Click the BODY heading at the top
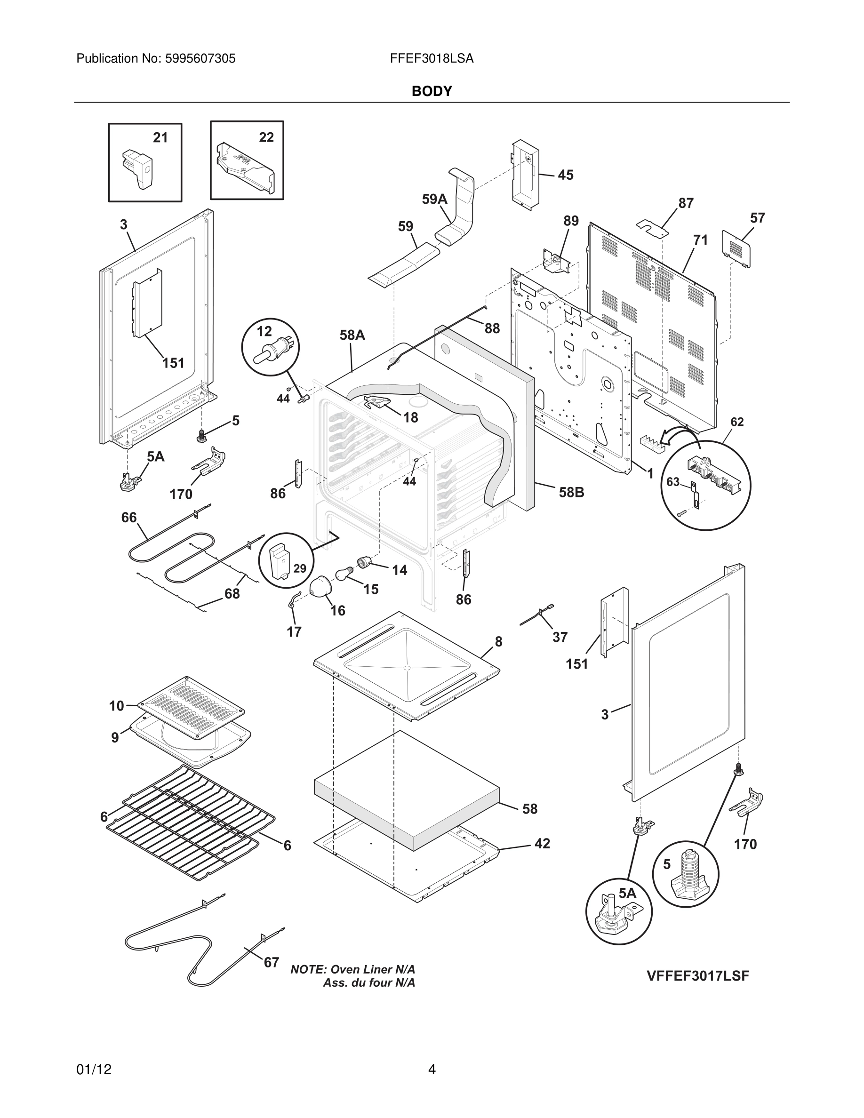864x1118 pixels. (x=432, y=91)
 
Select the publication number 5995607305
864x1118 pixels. (x=200, y=59)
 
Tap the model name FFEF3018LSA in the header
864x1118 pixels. (x=432, y=59)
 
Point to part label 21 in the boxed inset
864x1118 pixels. (x=160, y=138)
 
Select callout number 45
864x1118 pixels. (x=565, y=175)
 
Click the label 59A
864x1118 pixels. (x=434, y=199)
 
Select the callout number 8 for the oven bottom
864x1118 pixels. (x=498, y=641)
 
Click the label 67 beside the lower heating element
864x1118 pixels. (x=271, y=962)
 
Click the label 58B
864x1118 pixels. (x=571, y=493)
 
